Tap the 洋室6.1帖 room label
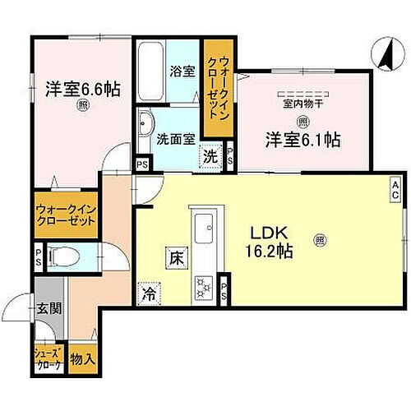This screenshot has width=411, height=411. (302, 139)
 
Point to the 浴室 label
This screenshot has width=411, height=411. (182, 71)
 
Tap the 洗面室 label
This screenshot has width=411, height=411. (176, 139)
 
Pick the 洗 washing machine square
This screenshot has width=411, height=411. (212, 155)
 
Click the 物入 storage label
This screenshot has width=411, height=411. (82, 358)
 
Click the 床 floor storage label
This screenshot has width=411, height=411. (176, 256)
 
